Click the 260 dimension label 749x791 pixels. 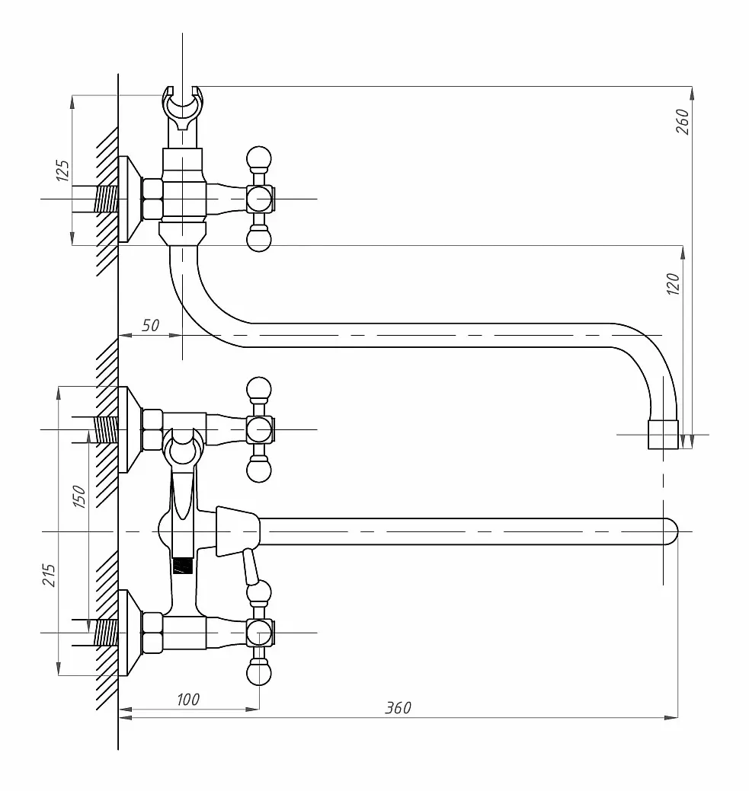pos(682,121)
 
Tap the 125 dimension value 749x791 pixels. pos(62,171)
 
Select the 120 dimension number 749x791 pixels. pos(673,283)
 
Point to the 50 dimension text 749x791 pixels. pos(151,325)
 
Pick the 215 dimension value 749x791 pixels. pos(49,575)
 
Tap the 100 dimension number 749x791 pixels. pos(188,699)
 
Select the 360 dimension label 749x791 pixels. pos(398,708)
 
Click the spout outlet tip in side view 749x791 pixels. pos(663,434)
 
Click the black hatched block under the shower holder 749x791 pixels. pos(183,565)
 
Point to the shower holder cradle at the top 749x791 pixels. pos(182,107)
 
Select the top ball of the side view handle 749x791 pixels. pos(259,158)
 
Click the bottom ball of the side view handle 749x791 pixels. pos(259,239)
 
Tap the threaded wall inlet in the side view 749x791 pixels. pos(106,199)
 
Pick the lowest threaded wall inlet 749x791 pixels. pos(106,633)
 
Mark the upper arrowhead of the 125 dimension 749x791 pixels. pos(72,101)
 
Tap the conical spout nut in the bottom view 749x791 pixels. pos(238,531)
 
